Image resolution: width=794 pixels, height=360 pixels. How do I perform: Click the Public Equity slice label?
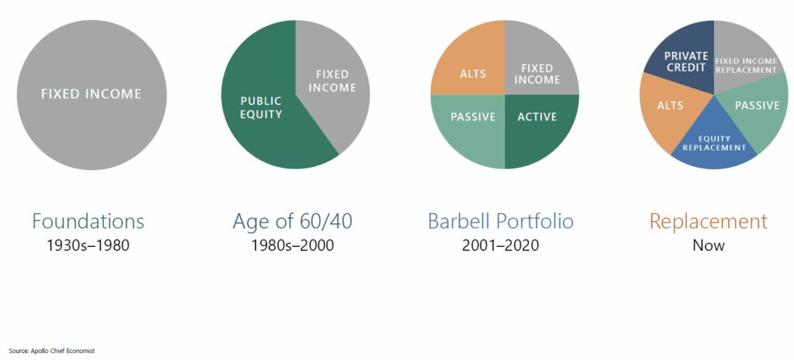(261, 108)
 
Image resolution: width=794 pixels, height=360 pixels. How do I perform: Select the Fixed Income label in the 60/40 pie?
(332, 81)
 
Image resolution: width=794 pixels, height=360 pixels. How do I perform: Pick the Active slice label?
(537, 117)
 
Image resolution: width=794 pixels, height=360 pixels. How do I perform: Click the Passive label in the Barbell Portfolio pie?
(473, 117)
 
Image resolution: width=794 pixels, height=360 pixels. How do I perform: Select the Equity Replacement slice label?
(714, 143)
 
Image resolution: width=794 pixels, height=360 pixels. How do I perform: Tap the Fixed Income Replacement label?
(745, 65)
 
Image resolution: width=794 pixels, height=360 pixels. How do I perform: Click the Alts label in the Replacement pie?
(670, 106)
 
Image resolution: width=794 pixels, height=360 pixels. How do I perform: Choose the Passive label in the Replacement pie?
(757, 106)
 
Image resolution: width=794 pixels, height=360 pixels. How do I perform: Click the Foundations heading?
(88, 222)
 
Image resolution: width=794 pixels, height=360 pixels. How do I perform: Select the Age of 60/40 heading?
(292, 222)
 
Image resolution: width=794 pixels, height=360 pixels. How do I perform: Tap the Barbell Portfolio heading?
(500, 222)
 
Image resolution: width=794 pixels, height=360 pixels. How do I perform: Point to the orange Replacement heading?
(709, 222)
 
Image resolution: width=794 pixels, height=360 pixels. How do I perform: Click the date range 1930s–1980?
(88, 245)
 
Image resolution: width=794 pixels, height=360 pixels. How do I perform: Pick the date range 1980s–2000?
(292, 245)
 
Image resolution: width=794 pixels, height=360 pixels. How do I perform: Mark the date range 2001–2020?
(500, 245)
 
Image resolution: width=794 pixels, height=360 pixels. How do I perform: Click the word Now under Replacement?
(709, 245)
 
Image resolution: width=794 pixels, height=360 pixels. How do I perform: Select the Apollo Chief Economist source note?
(52, 351)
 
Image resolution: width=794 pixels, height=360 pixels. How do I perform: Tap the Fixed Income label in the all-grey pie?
(91, 95)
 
